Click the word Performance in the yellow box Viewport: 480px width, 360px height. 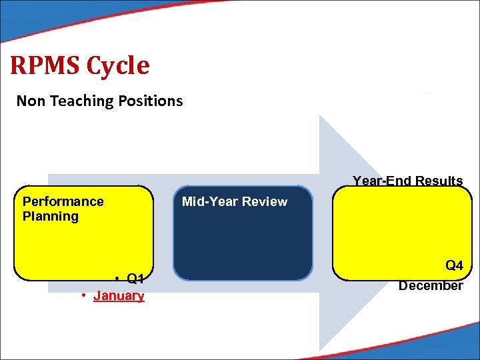[x=63, y=201]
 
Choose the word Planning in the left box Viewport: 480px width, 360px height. [x=51, y=216]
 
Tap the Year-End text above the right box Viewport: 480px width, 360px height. [x=382, y=181]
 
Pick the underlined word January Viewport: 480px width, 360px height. [x=119, y=295]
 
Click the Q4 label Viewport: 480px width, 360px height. [x=454, y=265]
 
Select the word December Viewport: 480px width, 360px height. [x=431, y=285]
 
